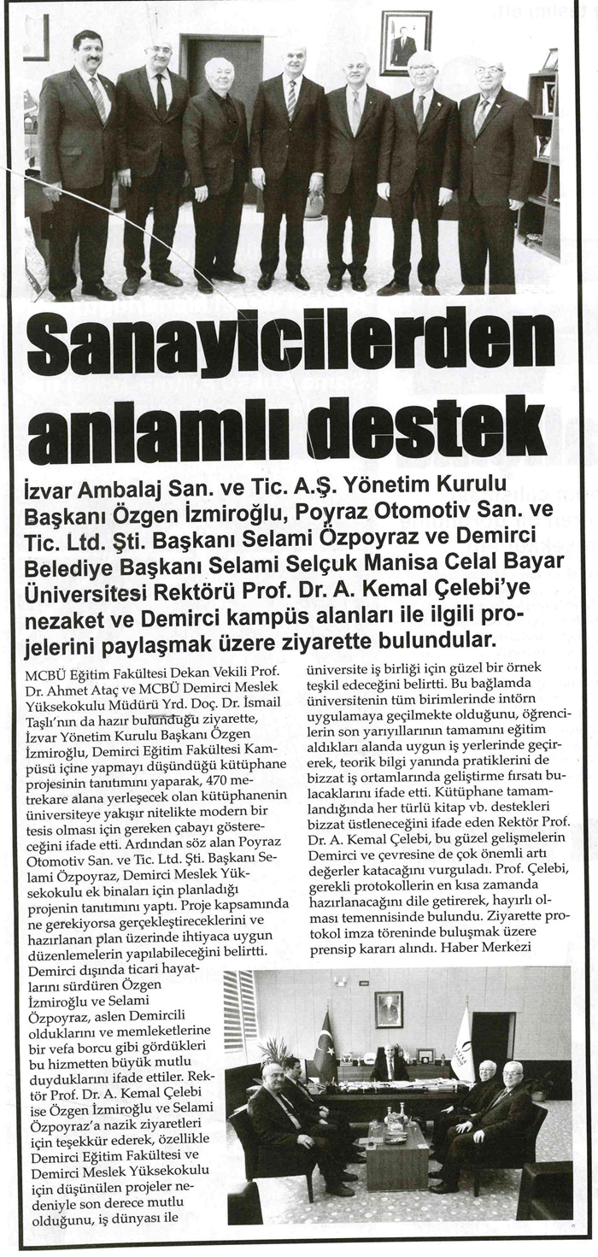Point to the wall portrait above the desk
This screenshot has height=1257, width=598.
coord(389,1008)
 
